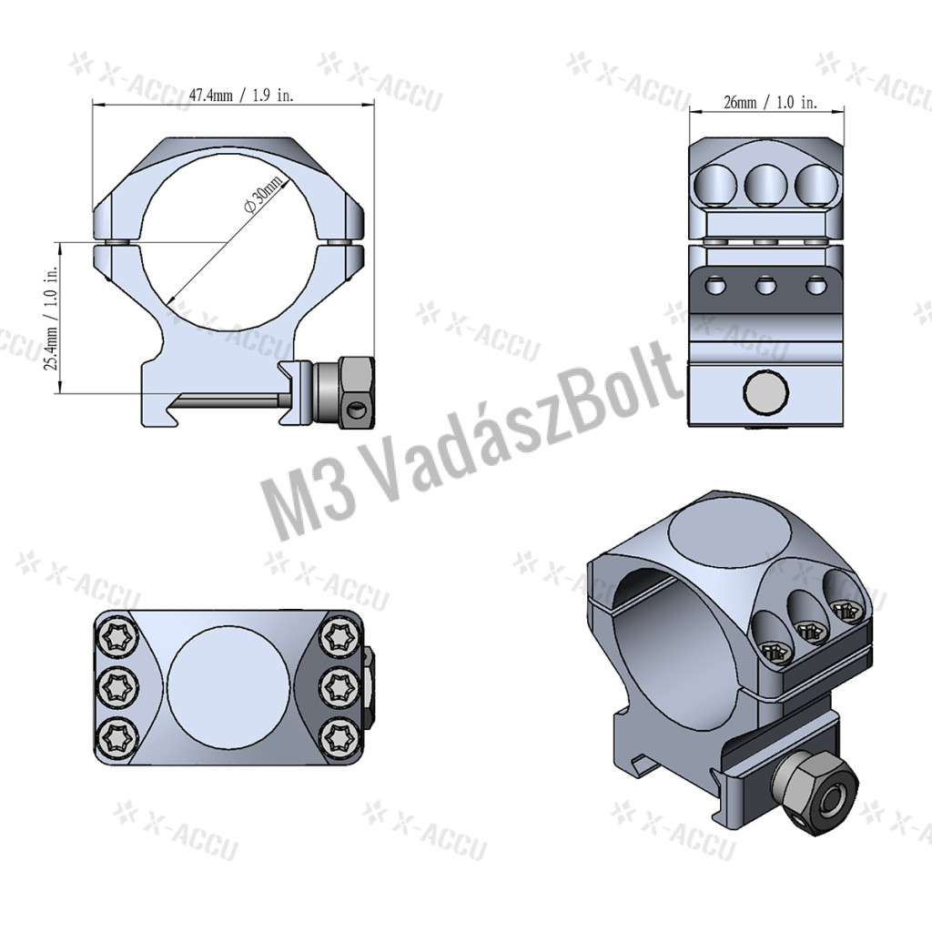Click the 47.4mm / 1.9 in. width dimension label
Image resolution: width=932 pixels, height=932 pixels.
click(x=240, y=95)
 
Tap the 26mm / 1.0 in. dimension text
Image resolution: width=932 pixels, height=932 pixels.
click(x=770, y=102)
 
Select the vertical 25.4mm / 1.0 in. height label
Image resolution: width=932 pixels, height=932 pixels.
click(x=52, y=318)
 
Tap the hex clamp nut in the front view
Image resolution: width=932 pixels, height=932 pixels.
click(x=356, y=391)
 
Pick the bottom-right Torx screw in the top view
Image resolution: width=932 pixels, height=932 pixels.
click(x=340, y=737)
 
